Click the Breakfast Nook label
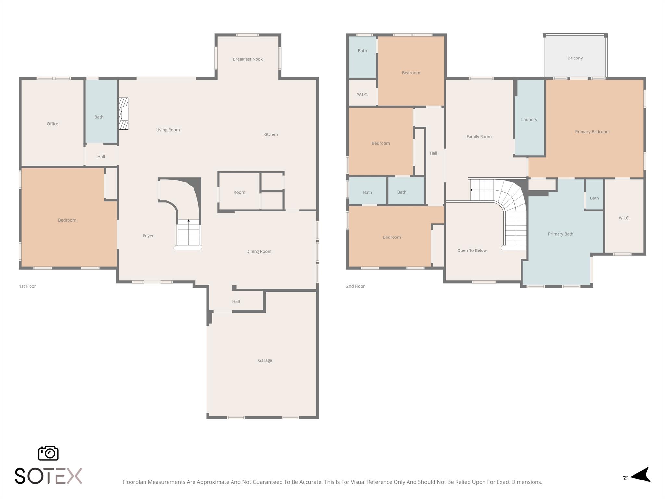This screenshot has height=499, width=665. tap(248, 59)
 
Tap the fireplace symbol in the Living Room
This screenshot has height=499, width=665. tap(123, 114)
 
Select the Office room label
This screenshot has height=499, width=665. tap(53, 124)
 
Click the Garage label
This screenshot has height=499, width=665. tap(265, 360)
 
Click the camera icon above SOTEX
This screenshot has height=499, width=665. tap(48, 453)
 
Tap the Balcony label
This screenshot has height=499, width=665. tap(575, 58)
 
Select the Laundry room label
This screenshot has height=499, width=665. tap(529, 120)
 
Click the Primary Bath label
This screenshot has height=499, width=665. tap(560, 234)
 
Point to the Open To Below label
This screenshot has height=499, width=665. tap(472, 250)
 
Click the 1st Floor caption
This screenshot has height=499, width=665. tap(28, 286)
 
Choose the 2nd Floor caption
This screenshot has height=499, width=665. tap(355, 286)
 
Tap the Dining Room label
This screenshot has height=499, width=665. tap(259, 251)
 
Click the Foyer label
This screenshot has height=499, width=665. tap(148, 236)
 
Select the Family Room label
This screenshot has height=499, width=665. tap(479, 137)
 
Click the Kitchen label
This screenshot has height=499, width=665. tap(270, 134)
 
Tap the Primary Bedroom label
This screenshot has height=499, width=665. tap(592, 132)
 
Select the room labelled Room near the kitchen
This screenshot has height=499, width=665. tap(239, 192)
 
